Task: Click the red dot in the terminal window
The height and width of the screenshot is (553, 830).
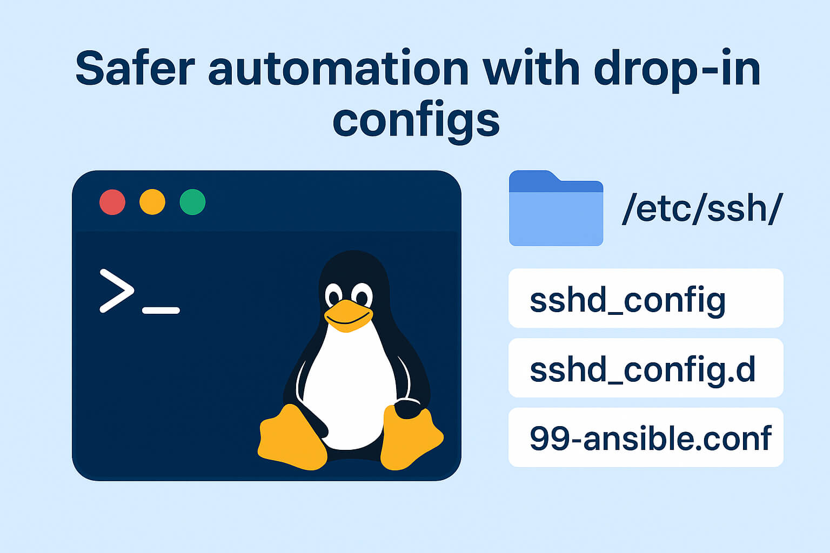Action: coord(112,203)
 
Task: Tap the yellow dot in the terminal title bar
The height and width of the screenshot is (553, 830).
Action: coord(152,203)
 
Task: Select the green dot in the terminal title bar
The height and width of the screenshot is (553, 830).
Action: coord(192,203)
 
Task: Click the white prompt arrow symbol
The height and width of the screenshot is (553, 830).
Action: coord(117,291)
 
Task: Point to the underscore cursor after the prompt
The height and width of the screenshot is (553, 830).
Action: coord(160,311)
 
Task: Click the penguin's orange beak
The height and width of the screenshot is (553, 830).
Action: coord(348,315)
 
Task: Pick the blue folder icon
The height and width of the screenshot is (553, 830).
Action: coord(556,210)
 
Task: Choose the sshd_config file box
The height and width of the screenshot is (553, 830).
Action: coord(646,299)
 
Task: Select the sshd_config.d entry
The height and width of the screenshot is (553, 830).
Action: coord(646,368)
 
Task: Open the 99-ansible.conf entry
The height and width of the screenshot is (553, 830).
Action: coord(646,437)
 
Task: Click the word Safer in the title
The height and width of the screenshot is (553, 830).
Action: coord(135,69)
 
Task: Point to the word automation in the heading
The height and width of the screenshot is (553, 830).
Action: coord(338,69)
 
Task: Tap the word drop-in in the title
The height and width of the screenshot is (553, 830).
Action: coord(677,69)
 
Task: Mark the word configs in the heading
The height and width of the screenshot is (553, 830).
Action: coord(416,120)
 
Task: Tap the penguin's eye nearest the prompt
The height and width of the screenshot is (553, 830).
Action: coord(333,296)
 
